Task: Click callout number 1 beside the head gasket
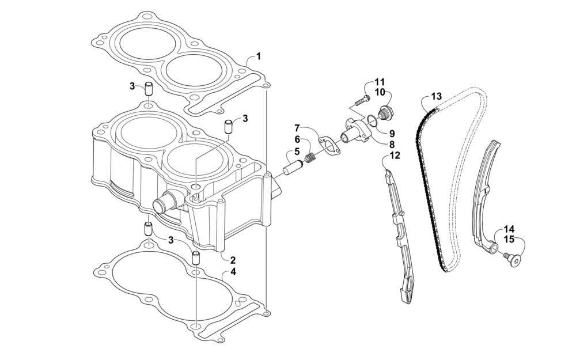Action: pos(259,56)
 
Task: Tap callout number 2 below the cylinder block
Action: pos(233,260)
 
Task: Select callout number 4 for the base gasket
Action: pos(233,271)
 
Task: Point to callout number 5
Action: pos(297,152)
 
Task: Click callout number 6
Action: pos(297,139)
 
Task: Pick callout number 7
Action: pos(297,127)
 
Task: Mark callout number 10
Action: pos(380,92)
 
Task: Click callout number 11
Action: pos(380,82)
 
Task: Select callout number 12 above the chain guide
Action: pos(395,155)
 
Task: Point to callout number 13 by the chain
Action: pos(436,96)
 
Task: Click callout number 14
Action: pos(509,229)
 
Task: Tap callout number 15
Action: pos(509,239)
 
